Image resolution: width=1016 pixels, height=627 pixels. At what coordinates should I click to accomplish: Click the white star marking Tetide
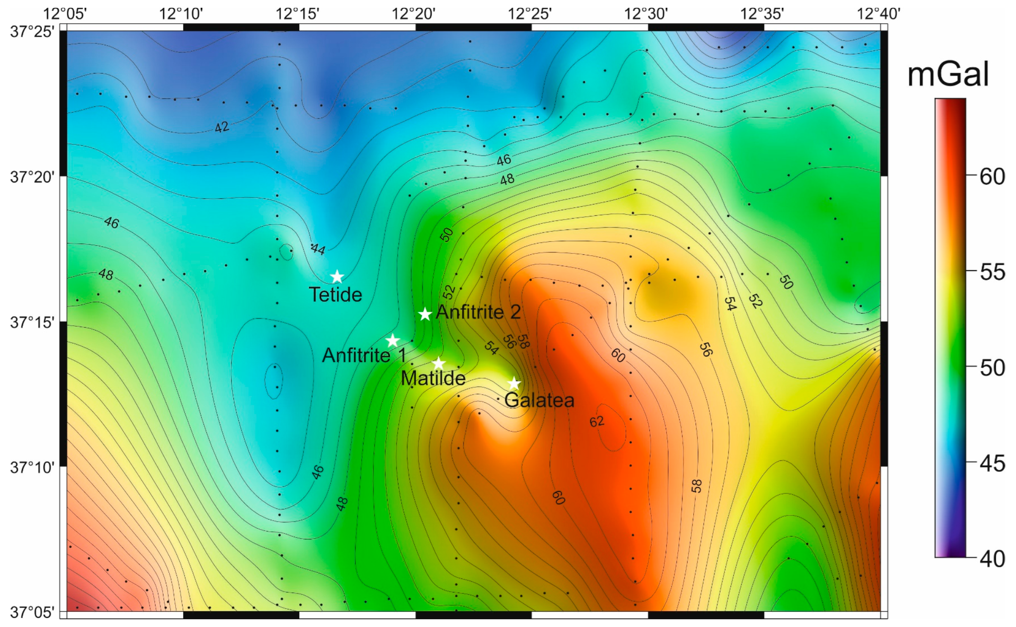[337, 277]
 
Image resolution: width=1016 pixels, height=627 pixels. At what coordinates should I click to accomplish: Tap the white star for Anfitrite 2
[425, 314]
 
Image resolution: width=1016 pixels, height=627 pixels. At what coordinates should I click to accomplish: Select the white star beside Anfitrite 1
[393, 341]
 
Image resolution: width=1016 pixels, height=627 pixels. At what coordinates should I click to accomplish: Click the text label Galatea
[539, 401]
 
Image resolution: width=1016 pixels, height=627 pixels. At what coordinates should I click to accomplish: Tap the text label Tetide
[335, 295]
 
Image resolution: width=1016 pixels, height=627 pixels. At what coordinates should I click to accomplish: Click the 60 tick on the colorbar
[992, 177]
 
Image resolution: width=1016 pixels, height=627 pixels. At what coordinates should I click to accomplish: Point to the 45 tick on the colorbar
[992, 463]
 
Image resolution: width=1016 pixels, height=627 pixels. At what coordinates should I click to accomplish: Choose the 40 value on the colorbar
[992, 559]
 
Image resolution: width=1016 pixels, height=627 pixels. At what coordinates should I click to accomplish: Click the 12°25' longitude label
[530, 14]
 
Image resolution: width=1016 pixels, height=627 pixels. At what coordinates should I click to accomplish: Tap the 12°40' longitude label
[878, 14]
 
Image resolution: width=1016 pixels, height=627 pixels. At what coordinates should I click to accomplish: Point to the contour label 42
[222, 127]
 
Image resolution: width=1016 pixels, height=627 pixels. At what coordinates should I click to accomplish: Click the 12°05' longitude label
[65, 14]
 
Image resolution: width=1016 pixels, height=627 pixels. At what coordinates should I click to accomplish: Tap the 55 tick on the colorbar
[992, 272]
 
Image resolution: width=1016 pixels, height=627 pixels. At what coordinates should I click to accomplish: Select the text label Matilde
[433, 379]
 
